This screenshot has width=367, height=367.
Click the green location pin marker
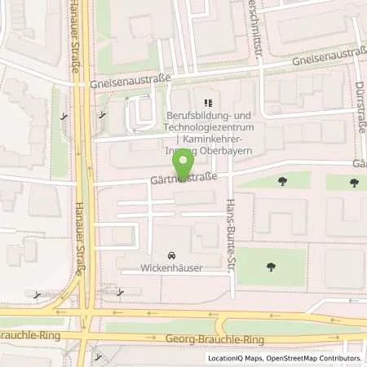point(185,163)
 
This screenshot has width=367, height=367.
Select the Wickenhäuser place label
point(171,267)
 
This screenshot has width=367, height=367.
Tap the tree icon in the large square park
point(270,267)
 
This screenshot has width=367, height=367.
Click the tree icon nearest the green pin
point(282,180)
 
